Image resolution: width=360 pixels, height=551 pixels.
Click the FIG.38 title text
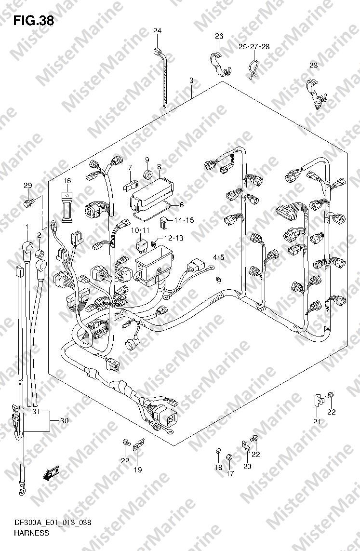pos(33,21)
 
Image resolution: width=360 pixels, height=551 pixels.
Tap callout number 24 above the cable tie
pos(157,31)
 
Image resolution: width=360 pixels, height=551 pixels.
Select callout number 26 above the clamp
pos(219,36)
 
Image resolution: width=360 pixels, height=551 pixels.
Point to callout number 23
pos(314,66)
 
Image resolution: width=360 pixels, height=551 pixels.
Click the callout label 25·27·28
pos(254,47)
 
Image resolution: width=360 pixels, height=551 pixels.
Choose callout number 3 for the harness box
pos(191,81)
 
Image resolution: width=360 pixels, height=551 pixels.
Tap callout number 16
pos(67,181)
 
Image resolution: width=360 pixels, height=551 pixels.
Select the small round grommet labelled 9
pos(148,173)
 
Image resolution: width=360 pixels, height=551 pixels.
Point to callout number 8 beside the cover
pos(159,167)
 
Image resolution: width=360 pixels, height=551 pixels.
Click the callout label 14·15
pos(184,221)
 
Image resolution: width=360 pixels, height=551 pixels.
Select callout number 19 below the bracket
pos(138,470)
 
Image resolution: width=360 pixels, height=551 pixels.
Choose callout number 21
pos(317,422)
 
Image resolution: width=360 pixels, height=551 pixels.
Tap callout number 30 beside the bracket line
pos(64,421)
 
